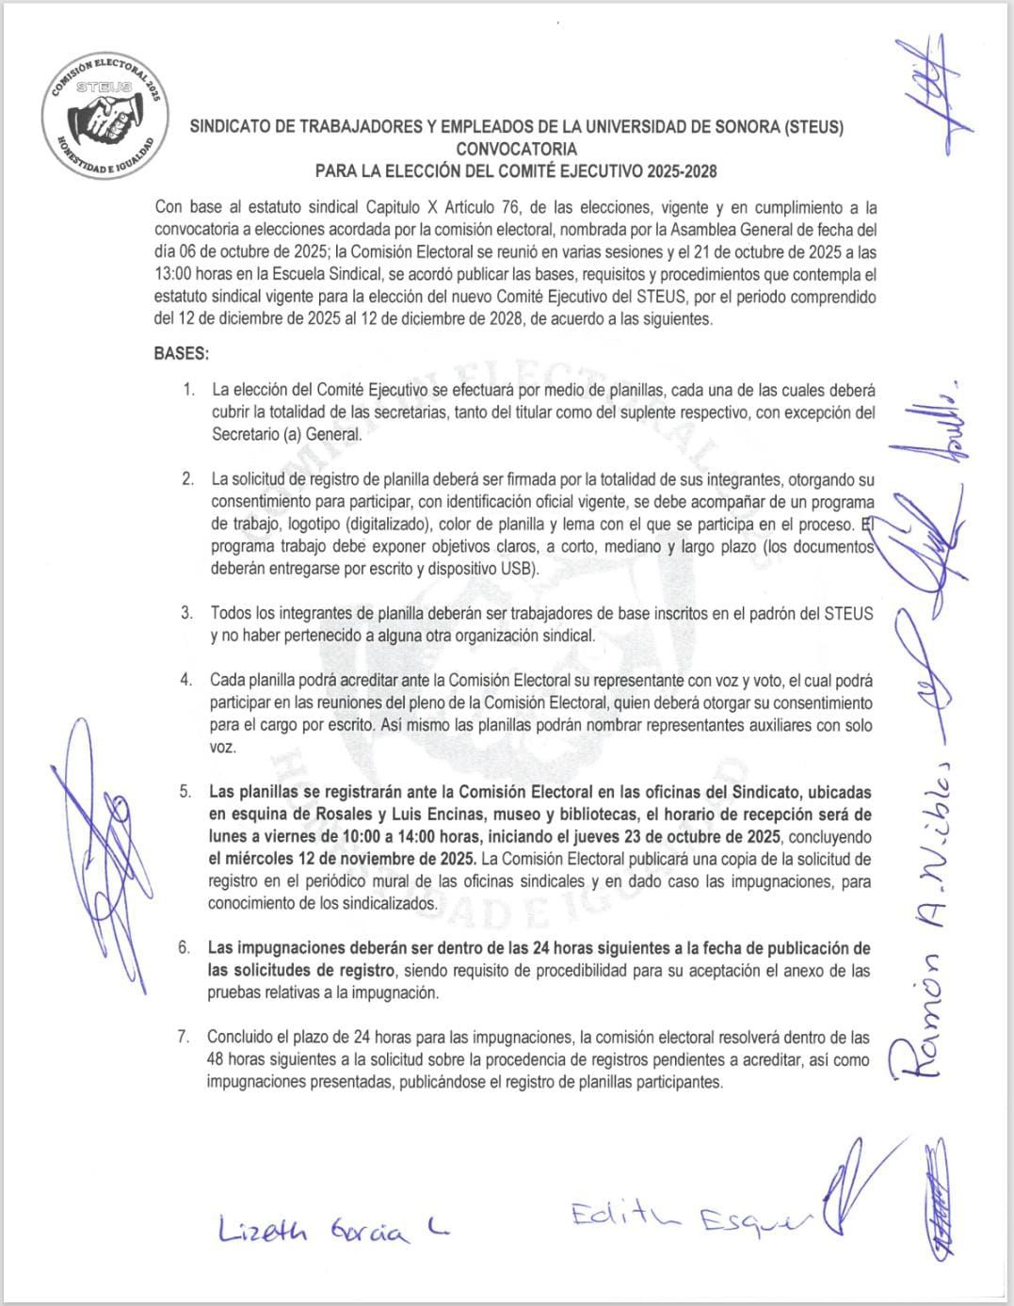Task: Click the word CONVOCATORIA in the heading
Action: [516, 149]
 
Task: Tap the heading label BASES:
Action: [181, 354]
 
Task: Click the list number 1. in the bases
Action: [189, 390]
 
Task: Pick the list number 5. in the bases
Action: [186, 792]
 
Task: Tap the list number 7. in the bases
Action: [185, 1038]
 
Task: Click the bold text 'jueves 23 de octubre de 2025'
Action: [683, 837]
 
